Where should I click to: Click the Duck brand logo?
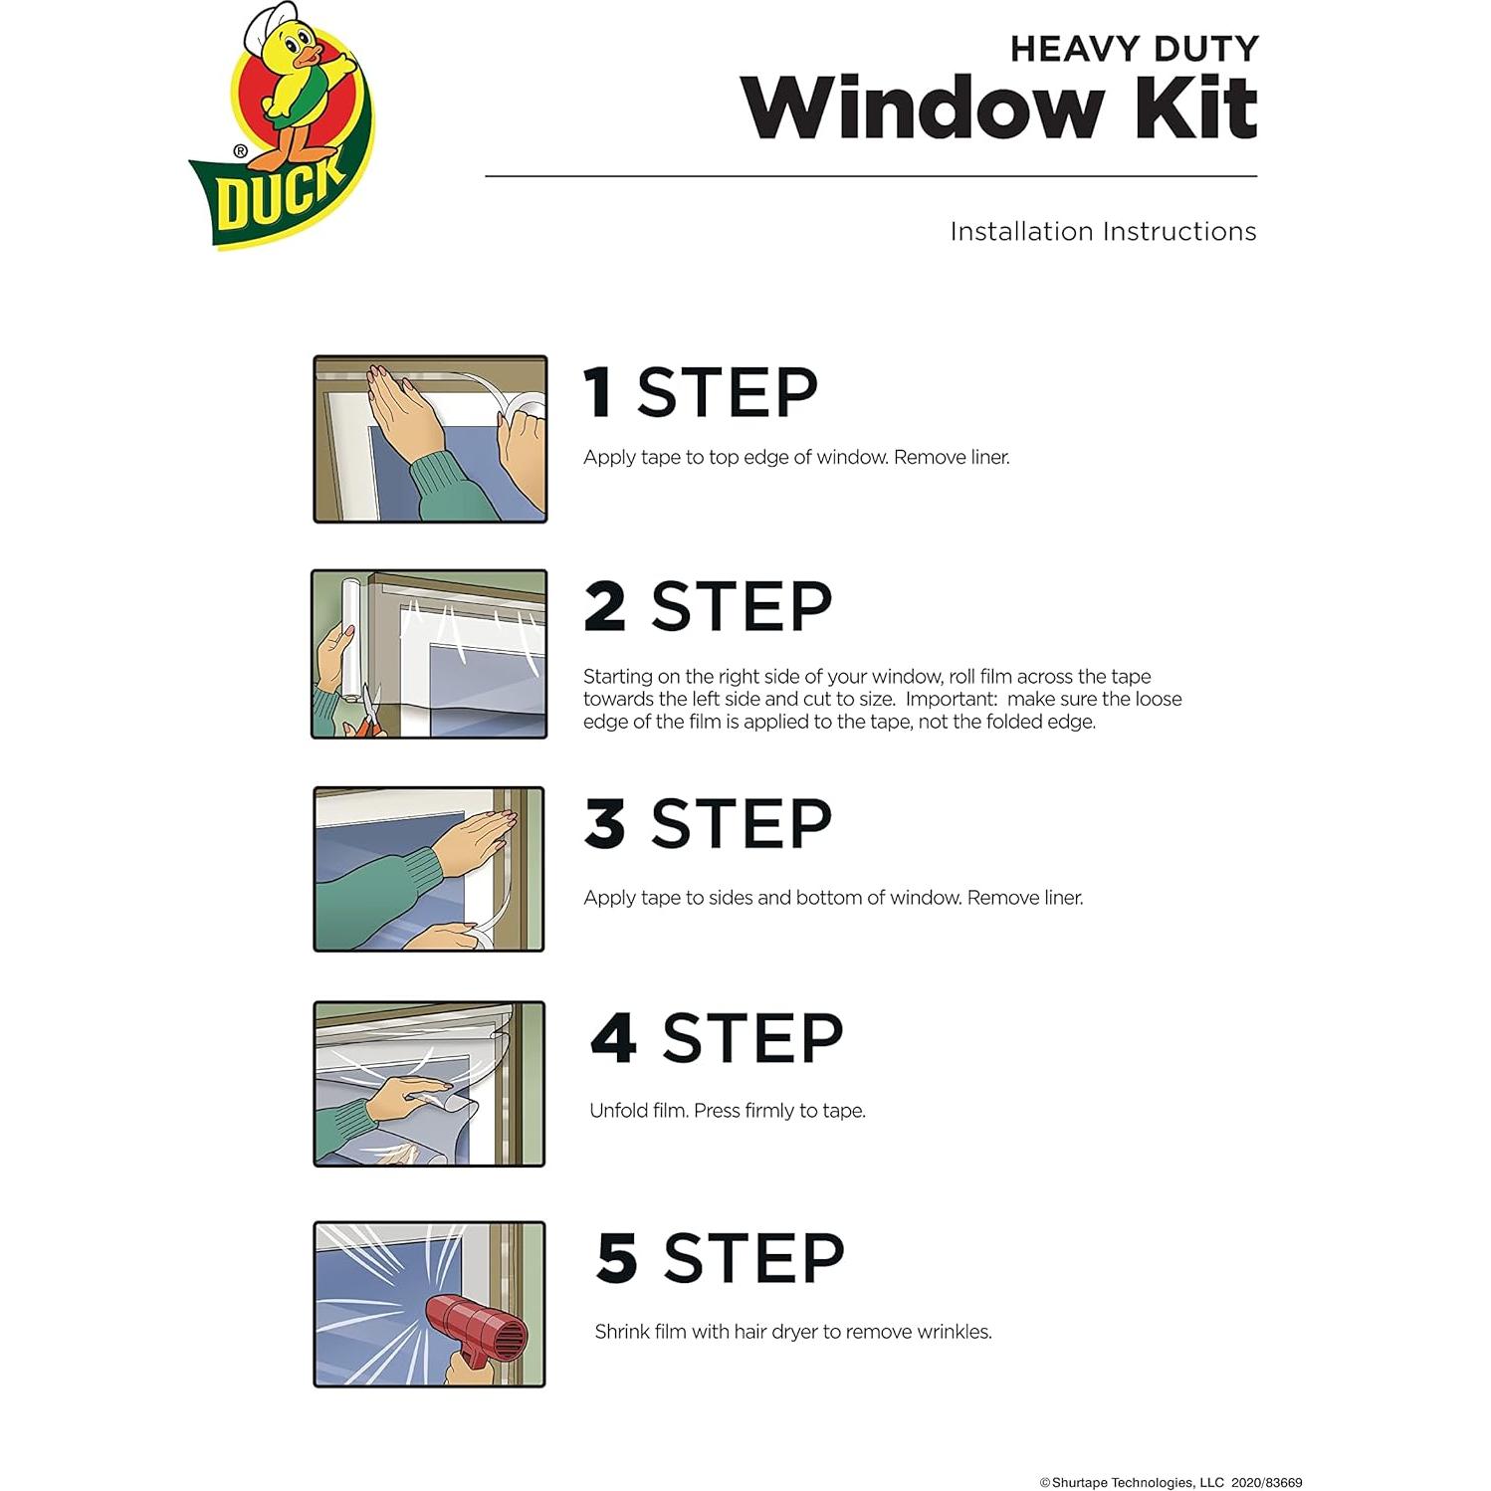pos(282,129)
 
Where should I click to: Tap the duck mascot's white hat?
pos(272,21)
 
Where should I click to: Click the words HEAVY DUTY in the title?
pos(1134,49)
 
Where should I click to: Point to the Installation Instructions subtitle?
pos(1102,232)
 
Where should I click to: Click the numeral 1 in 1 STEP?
pos(597,392)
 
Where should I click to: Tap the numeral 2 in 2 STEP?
pos(605,606)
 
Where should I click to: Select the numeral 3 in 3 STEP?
pos(605,823)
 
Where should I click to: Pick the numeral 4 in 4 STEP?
pos(613,1038)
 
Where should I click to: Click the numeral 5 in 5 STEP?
pos(617,1258)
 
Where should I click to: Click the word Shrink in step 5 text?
pos(621,1332)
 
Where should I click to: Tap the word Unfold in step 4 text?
pos(618,1111)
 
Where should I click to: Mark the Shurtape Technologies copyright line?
pos(1171,1482)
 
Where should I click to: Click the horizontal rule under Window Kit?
pos(871,176)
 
